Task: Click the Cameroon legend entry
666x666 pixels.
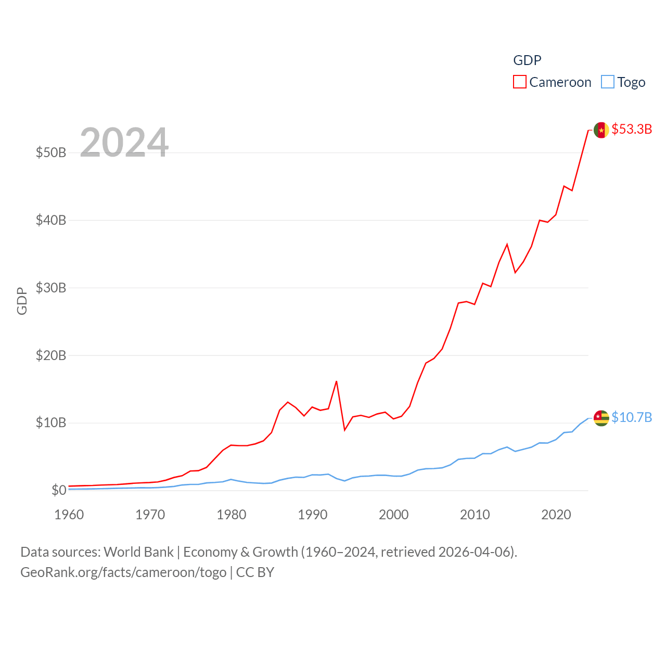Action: coord(552,82)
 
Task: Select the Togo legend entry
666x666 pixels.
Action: coord(623,82)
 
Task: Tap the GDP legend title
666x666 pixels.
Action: coord(527,60)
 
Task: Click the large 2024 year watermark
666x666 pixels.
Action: coord(124,142)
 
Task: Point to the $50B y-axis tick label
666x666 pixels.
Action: coord(51,152)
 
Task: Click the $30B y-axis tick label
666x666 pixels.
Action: coord(51,288)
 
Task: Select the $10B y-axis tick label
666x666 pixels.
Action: coord(51,422)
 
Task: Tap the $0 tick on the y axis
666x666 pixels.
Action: coord(59,490)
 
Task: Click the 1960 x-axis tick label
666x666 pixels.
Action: coord(69,515)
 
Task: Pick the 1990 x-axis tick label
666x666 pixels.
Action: coord(313,515)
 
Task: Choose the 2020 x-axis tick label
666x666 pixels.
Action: coord(556,515)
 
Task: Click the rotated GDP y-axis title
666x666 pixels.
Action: coord(22,301)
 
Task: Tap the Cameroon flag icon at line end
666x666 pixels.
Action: coord(601,130)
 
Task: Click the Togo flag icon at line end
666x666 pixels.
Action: coord(601,418)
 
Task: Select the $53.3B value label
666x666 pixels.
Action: coord(632,129)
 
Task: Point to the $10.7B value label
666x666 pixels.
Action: coord(632,417)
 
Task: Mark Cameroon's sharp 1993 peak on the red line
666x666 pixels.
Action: coord(337,381)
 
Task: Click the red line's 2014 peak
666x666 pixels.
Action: coord(507,244)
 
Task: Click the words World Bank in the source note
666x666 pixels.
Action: coord(138,552)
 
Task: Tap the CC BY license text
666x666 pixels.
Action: coord(255,572)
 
